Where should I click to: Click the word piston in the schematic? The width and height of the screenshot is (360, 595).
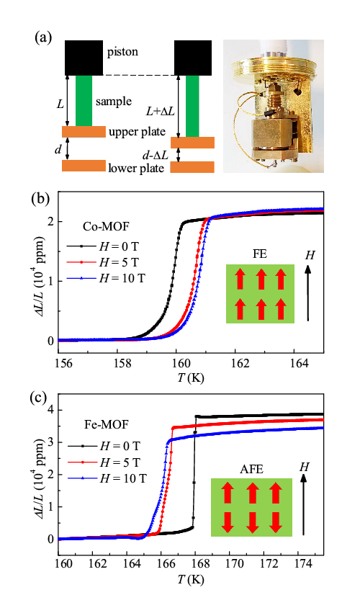point(122,52)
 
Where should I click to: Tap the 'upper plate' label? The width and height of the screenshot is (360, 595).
point(137,132)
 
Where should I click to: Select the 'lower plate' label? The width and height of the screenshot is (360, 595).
point(136,168)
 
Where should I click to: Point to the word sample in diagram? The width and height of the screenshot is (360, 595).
point(114,102)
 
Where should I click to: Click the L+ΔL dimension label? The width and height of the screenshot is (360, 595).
point(161,111)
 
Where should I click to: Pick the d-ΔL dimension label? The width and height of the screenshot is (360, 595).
point(156,154)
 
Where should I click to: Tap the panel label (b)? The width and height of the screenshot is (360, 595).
point(40,199)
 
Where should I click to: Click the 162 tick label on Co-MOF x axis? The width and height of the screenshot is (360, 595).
point(240,363)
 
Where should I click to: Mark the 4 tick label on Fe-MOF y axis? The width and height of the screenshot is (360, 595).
point(50,410)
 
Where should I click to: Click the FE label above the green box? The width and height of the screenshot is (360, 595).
point(260,254)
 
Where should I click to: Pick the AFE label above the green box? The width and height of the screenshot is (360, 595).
point(251,469)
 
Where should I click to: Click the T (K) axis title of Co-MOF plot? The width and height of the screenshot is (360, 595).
point(191,378)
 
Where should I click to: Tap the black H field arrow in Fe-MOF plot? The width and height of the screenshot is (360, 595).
point(303,504)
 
